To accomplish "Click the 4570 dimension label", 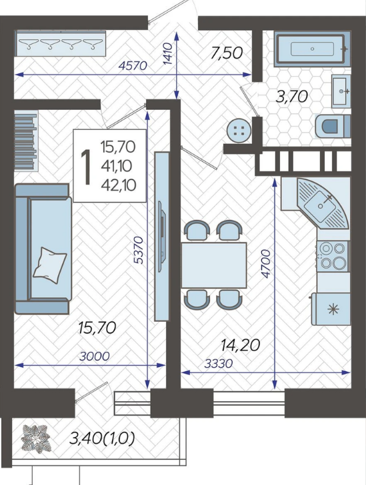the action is pos(133,65).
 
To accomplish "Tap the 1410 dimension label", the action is pos(167,53).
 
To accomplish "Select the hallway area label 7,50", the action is pos(227,53).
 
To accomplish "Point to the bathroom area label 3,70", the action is pos(292,97).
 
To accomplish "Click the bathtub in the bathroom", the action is pos(313,49).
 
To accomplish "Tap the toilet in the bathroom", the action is pos(333,126).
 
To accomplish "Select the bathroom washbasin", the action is pos(341,91).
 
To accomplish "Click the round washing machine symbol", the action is pos(239,131).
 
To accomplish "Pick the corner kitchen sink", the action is pos(321,203).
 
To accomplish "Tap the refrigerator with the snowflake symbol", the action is pos(331,308).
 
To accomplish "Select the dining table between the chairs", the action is pos(214,265).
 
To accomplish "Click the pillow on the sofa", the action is pos(50,264).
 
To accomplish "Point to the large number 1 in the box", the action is pos(86,167).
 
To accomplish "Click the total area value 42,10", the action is pos(118,185).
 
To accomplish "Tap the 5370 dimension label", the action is pos(139,250).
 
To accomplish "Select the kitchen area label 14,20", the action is pos(240,344).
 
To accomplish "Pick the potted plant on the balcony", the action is pos(35,439).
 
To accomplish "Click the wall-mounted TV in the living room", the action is pos(162,237).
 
